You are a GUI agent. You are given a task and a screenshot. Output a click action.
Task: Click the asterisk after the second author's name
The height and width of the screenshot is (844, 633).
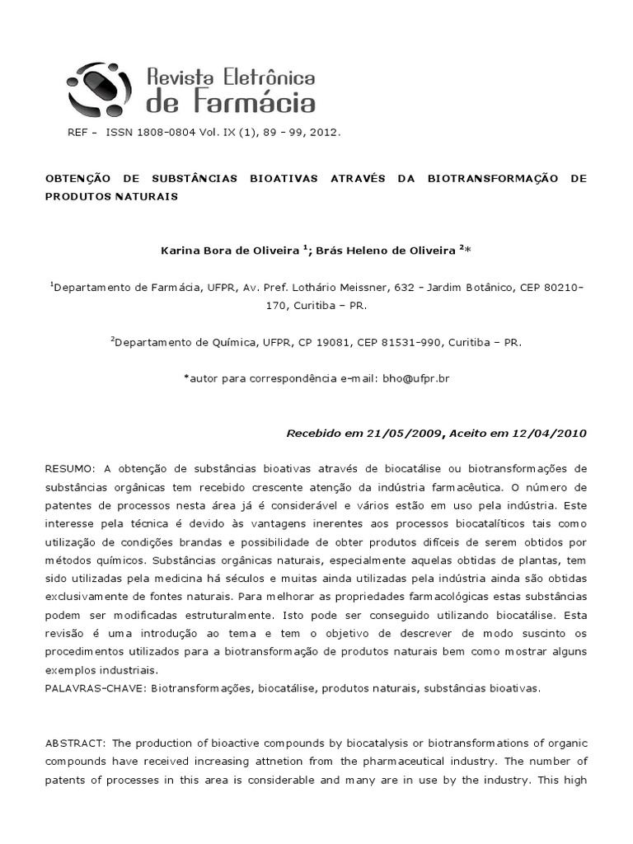pyautogui.click(x=469, y=249)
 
